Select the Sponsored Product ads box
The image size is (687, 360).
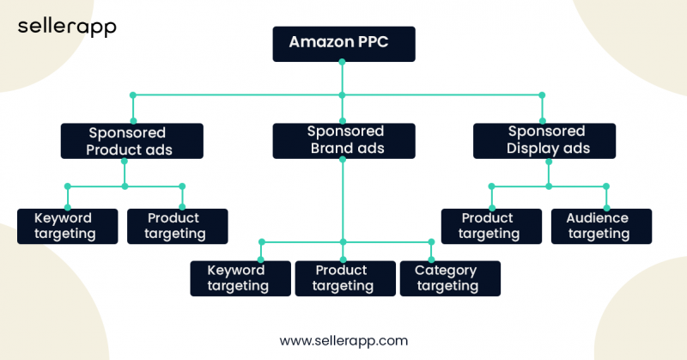tap(132, 141)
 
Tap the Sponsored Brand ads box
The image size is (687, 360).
tap(344, 141)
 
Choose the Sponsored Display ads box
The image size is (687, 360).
tap(544, 141)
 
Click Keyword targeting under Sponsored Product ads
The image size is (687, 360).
tap(67, 226)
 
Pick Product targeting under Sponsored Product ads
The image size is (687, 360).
tap(177, 226)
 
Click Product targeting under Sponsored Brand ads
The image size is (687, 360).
tap(344, 278)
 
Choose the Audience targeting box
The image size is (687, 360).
tap(600, 226)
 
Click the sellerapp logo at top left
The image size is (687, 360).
tap(67, 27)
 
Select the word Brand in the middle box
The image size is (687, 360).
tap(327, 148)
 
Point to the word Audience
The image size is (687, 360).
tap(597, 218)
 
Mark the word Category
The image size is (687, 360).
tap(446, 271)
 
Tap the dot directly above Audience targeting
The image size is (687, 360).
tap(606, 186)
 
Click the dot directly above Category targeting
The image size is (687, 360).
tap(430, 241)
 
